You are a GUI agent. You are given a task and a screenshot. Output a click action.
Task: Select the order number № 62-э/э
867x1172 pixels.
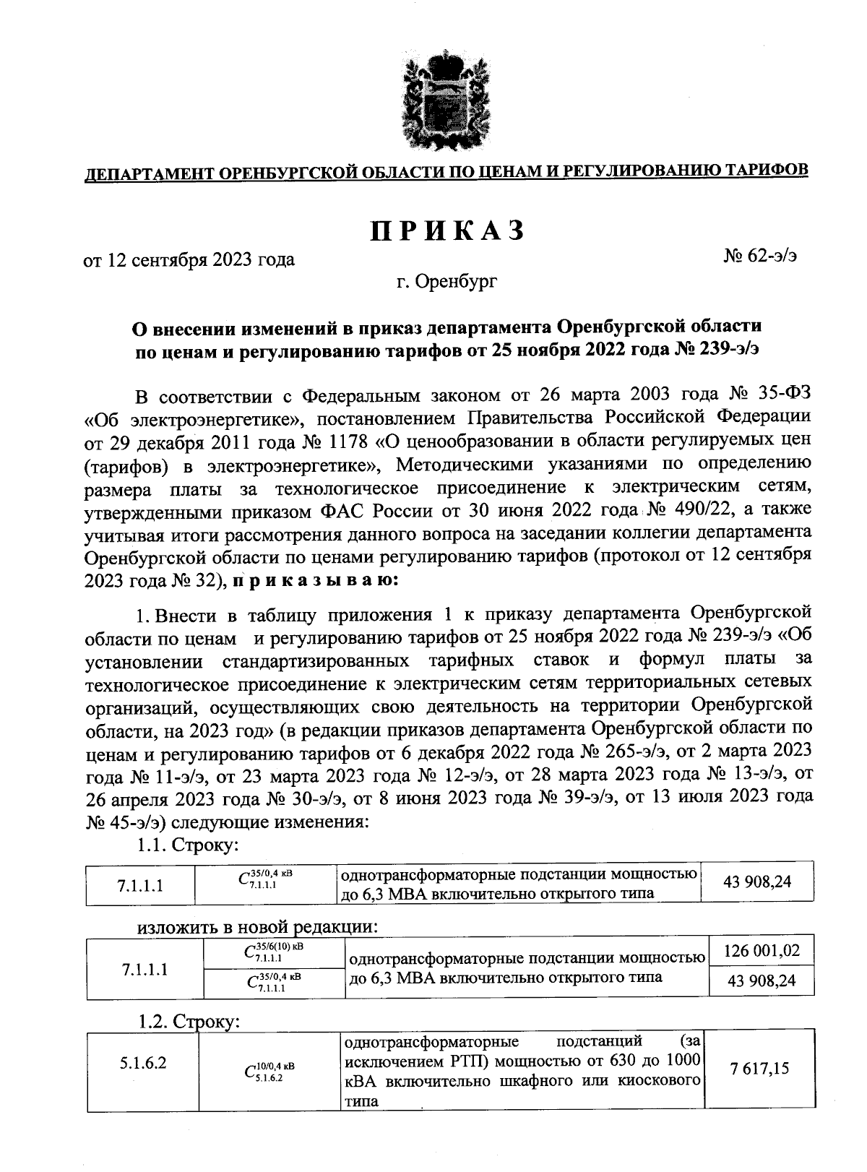760,254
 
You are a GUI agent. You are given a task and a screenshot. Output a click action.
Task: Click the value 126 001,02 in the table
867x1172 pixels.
762,949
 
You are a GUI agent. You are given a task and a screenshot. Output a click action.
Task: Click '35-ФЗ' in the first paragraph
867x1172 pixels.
785,395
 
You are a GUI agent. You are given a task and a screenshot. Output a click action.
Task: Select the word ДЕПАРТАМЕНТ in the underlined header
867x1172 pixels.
147,173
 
